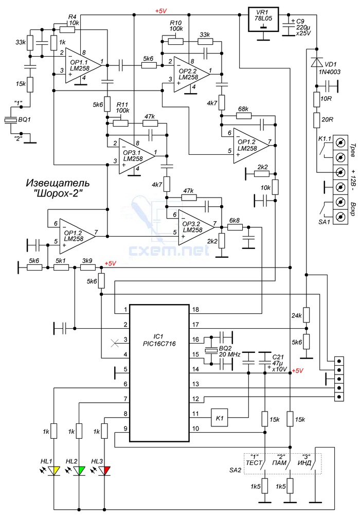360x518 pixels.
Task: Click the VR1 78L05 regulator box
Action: (263, 20)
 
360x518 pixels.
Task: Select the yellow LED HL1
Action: (54, 471)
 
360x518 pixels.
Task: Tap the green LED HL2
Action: (79, 471)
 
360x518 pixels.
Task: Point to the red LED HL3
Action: (104, 471)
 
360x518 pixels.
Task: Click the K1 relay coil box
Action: (220, 418)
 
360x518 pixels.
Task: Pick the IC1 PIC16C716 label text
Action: (159, 340)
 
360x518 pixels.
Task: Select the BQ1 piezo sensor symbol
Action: (11, 120)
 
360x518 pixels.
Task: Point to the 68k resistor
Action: (244, 116)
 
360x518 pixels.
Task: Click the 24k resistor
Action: (306, 315)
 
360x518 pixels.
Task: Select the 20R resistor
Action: (316, 120)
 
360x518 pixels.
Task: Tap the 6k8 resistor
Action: (235, 227)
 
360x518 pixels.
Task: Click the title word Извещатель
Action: (58, 183)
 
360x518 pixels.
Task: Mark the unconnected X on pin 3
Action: (114, 344)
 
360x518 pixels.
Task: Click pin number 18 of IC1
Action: (195, 310)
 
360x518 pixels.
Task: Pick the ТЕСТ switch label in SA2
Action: (254, 463)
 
